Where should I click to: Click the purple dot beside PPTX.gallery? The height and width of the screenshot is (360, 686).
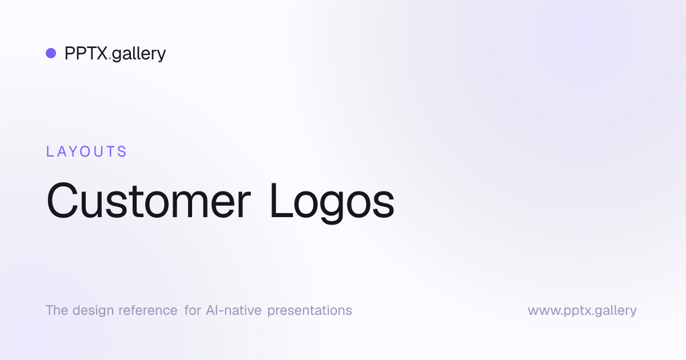point(51,53)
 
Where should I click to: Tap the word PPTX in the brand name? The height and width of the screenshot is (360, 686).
point(86,53)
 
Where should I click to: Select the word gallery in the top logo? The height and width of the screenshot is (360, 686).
point(139,54)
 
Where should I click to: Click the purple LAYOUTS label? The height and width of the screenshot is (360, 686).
point(86,151)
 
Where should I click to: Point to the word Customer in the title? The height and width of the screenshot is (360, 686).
point(149,201)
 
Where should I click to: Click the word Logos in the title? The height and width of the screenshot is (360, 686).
point(332,202)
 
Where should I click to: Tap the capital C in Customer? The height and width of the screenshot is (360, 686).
point(62,201)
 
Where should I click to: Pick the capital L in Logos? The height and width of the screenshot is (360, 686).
point(281,200)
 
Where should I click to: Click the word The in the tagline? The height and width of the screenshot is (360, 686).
point(57,310)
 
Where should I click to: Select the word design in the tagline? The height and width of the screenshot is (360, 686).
point(93,311)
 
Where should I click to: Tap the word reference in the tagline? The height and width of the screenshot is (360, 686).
point(148,310)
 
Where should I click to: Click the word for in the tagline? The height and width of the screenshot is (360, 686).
point(193,310)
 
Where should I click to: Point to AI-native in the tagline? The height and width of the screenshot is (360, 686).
point(234,310)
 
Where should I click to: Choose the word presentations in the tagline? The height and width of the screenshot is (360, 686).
point(310,311)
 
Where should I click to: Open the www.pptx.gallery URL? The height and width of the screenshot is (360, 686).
point(582,311)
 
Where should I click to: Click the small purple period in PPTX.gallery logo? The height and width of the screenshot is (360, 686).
point(110,58)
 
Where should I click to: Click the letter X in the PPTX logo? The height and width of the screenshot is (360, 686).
point(101,53)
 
